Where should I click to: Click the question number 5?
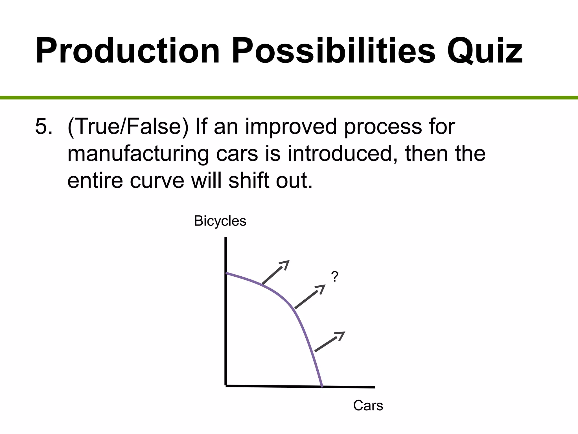(x=44, y=127)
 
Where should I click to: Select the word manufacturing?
(x=138, y=154)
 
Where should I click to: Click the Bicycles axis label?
(x=220, y=221)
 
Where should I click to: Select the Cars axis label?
(x=368, y=405)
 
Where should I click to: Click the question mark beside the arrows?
(x=334, y=277)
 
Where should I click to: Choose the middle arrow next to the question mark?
(x=310, y=296)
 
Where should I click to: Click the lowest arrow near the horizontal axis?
(x=330, y=342)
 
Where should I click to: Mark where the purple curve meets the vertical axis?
(x=226, y=273)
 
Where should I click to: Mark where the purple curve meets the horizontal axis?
(x=322, y=386)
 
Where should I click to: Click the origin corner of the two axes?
(x=226, y=385)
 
